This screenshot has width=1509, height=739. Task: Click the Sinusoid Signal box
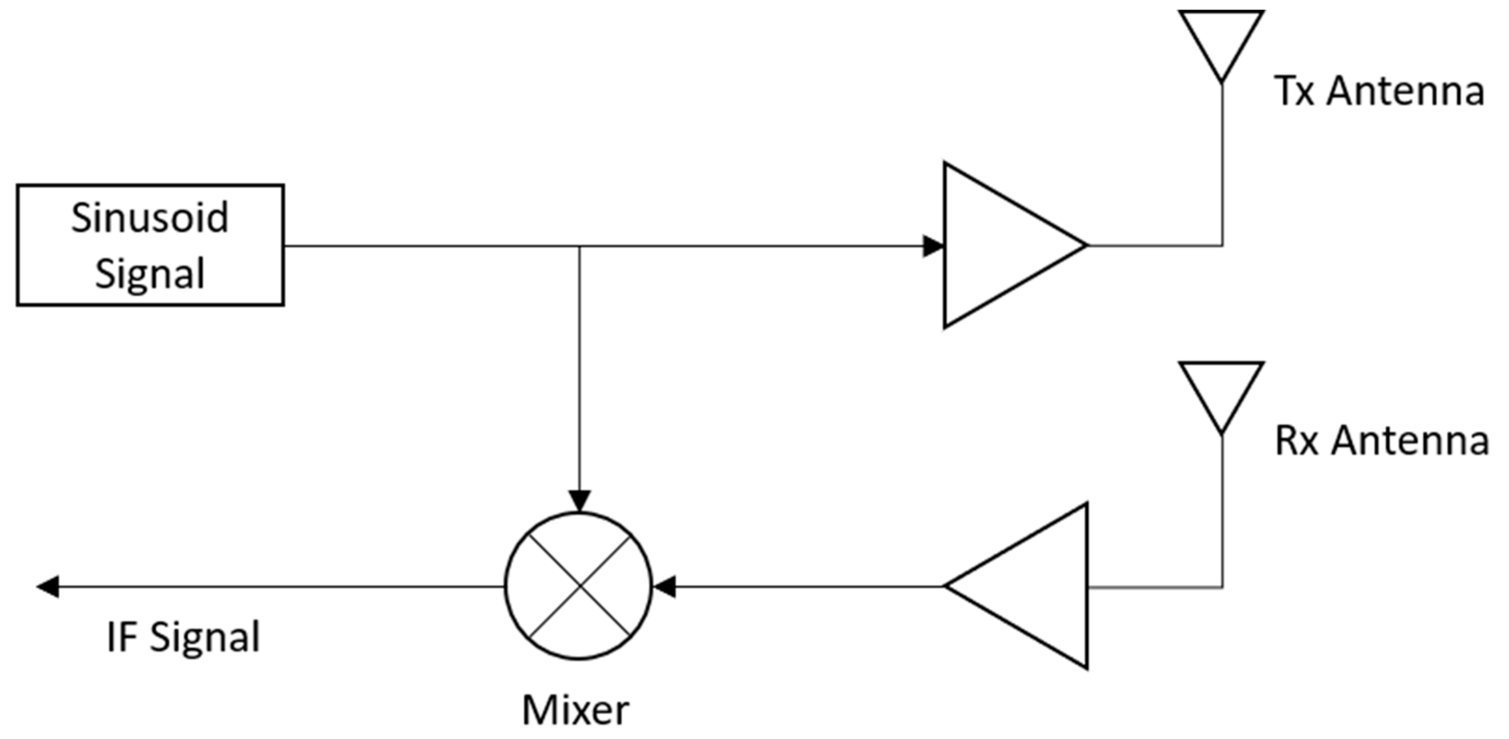point(150,245)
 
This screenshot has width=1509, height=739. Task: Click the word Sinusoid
point(150,218)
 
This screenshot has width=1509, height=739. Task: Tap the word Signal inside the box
point(150,274)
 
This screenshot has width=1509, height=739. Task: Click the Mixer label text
point(575,710)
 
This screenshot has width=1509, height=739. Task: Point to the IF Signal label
point(183,638)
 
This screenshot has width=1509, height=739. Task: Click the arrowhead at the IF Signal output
point(48,586)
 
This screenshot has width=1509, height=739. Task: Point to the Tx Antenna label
point(1379,91)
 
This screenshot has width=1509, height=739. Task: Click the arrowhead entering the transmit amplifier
point(932,246)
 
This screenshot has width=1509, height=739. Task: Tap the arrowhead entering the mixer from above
point(579,502)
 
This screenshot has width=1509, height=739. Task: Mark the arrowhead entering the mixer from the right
point(665,586)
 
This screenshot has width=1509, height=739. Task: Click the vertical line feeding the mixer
point(579,369)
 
